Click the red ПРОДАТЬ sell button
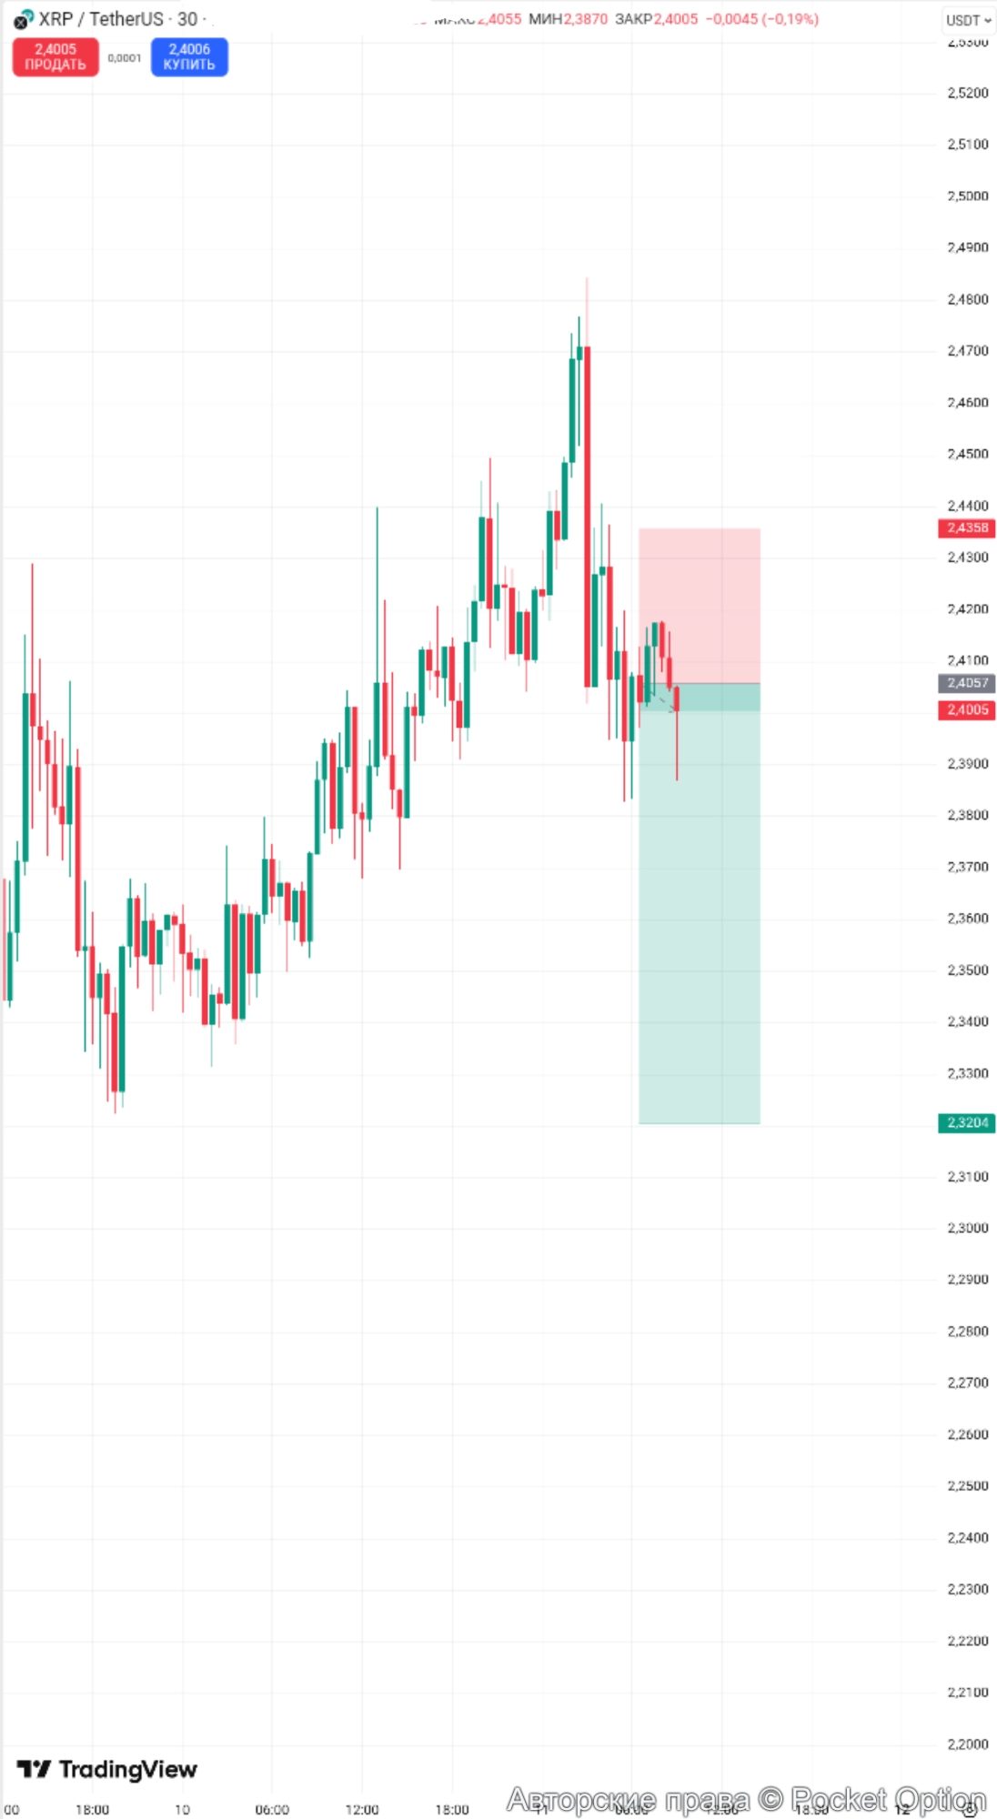pyautogui.click(x=55, y=57)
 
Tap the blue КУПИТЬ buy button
pyautogui.click(x=189, y=57)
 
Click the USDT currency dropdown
pyautogui.click(x=968, y=20)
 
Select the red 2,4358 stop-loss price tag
pyautogui.click(x=967, y=528)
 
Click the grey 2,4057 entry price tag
pyautogui.click(x=967, y=683)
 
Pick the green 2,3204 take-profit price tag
pyautogui.click(x=967, y=1123)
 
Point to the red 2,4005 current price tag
pyautogui.click(x=967, y=710)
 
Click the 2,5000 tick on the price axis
pyautogui.click(x=967, y=196)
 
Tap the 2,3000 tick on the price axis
pyautogui.click(x=967, y=1229)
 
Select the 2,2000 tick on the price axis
pyautogui.click(x=967, y=1744)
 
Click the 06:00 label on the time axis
pyautogui.click(x=272, y=1810)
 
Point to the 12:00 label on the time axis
pyautogui.click(x=362, y=1810)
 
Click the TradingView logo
pyautogui.click(x=107, y=1769)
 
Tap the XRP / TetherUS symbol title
pyautogui.click(x=101, y=19)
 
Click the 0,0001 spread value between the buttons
pyautogui.click(x=125, y=58)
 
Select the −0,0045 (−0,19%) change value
pyautogui.click(x=761, y=19)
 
